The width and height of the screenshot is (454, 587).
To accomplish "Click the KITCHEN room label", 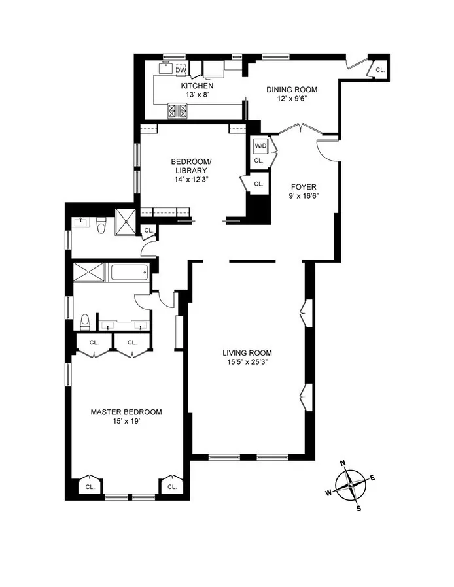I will pos(197,86).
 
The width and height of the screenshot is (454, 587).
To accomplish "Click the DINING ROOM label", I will pos(291,90).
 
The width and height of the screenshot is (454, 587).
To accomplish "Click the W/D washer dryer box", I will pos(260,146).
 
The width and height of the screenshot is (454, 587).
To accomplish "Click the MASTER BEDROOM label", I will pos(126,412).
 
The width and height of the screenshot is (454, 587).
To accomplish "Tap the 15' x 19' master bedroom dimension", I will pos(126,422).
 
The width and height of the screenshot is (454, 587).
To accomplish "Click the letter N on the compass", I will pos(343,463).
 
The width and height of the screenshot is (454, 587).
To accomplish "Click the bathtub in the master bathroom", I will pos(131,272).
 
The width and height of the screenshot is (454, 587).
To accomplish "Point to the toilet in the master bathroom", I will pos(84,322).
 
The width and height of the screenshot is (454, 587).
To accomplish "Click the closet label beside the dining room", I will pos(380,69).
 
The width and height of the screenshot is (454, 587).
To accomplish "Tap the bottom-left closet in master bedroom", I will pos(90,486).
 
